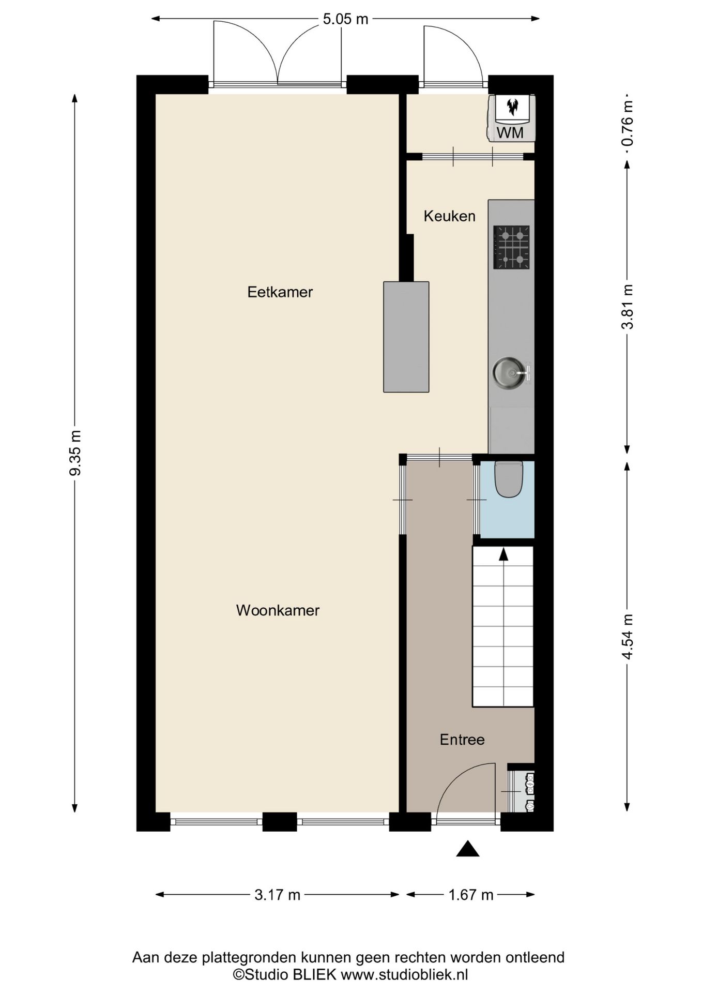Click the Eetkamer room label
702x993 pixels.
280,292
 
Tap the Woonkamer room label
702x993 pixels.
278,610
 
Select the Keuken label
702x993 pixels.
449,216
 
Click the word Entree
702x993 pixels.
462,740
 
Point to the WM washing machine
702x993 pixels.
511,118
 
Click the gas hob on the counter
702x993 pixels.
511,247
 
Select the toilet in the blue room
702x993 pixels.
509,479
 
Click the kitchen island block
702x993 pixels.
406,337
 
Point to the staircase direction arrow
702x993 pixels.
503,554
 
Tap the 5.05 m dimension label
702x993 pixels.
345,19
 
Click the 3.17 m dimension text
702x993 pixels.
277,895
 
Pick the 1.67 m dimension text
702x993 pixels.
470,895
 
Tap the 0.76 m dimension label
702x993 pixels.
627,124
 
